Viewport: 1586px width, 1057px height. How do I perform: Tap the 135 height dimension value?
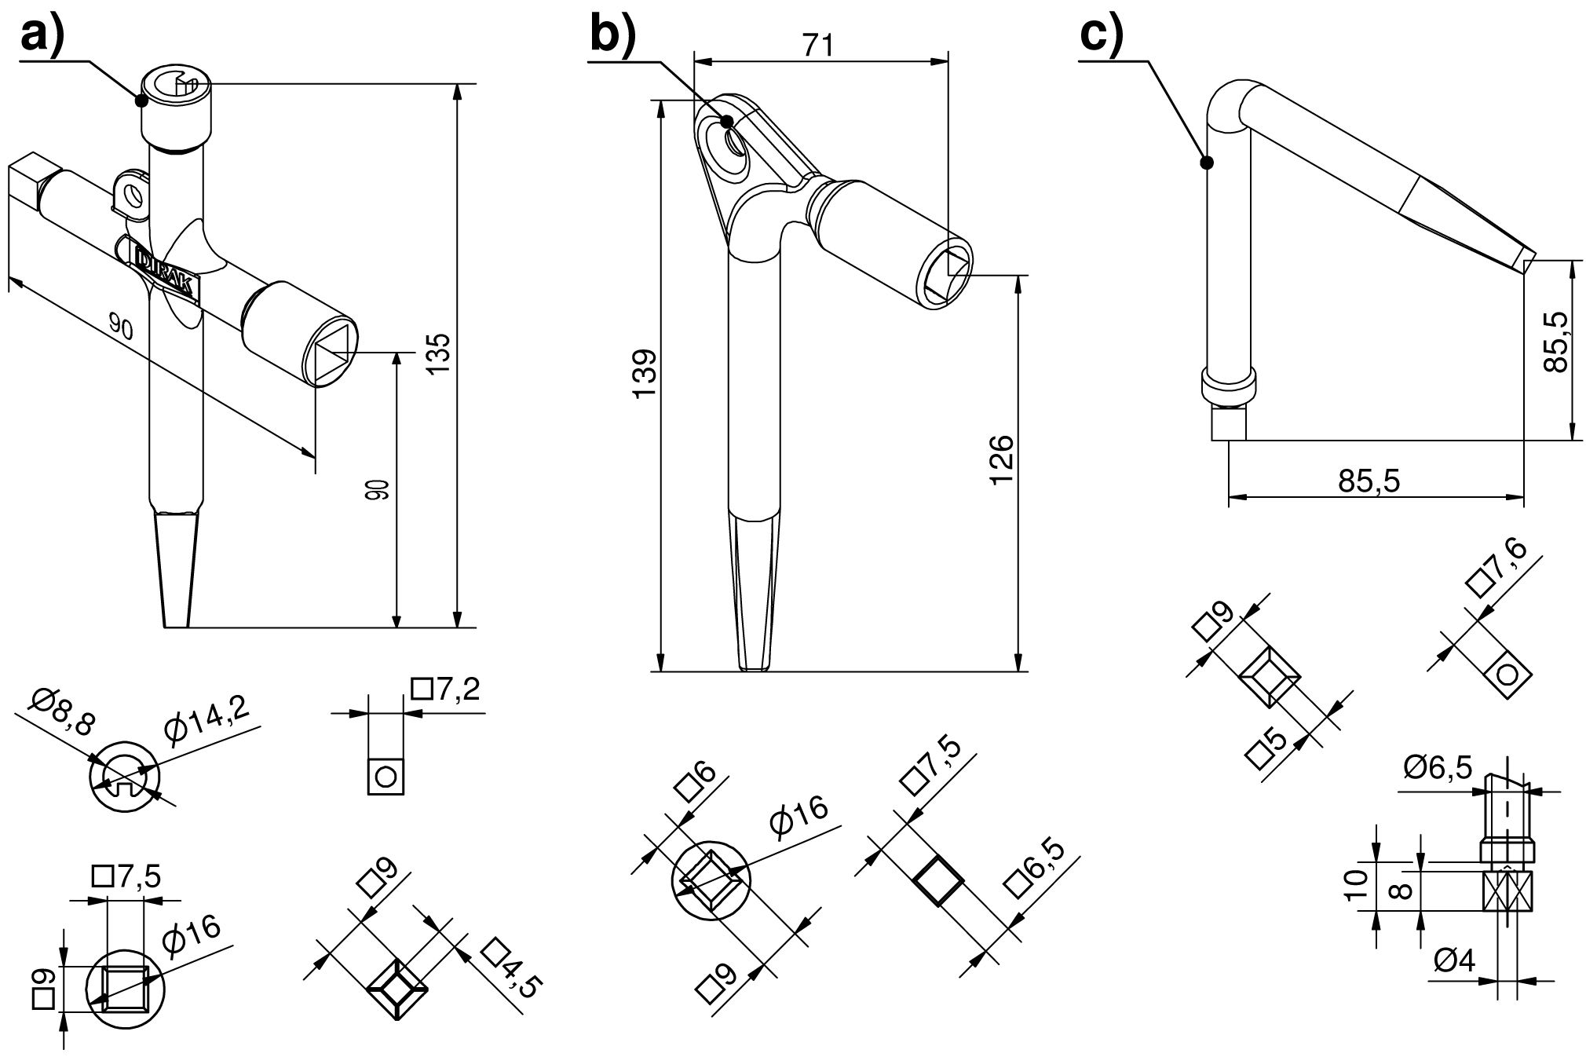pyautogui.click(x=440, y=353)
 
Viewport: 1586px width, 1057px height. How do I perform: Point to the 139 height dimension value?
pyautogui.click(x=645, y=374)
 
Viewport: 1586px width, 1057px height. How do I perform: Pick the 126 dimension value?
pyautogui.click(x=1002, y=459)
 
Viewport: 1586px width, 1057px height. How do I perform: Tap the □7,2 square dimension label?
pyautogui.click(x=445, y=689)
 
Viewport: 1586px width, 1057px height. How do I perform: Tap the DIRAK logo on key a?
pyautogui.click(x=168, y=272)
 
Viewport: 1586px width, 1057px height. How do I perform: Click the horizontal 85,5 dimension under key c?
pyautogui.click(x=1369, y=481)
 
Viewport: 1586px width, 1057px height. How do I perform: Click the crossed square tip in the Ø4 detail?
pyautogui.click(x=1507, y=891)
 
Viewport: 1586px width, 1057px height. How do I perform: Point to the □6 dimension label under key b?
pyautogui.click(x=695, y=782)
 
